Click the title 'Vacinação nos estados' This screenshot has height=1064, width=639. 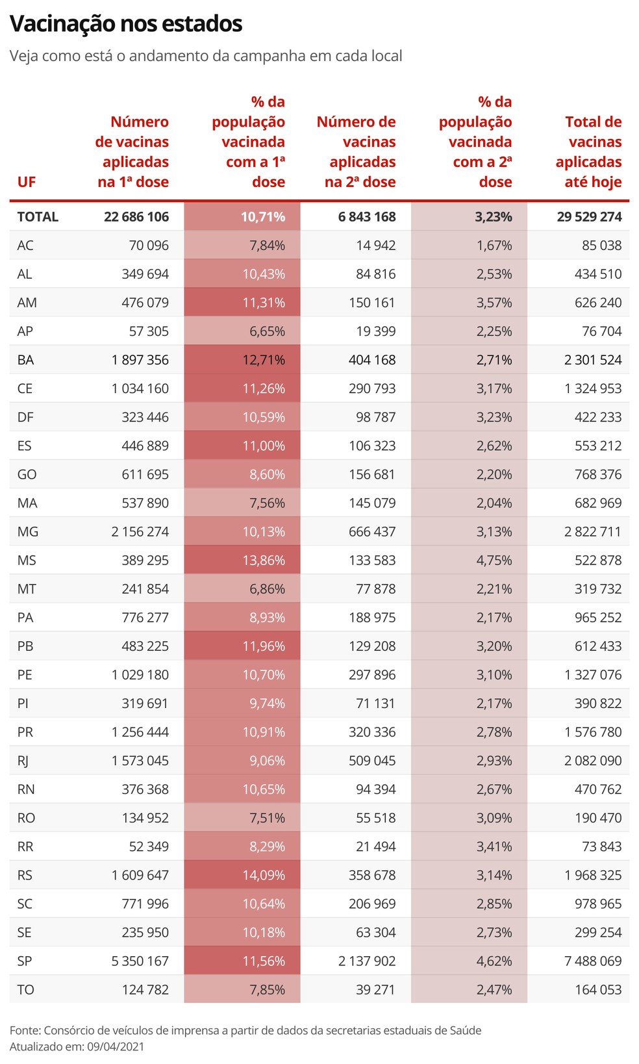126,24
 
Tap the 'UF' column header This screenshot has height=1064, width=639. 27,182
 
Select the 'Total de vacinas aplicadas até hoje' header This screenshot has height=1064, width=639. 588,152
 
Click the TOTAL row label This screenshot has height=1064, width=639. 38,217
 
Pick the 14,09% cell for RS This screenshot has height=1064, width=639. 264,875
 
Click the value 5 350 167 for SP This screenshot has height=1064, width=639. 140,961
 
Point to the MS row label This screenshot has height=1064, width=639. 27,560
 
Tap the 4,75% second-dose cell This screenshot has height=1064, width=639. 494,560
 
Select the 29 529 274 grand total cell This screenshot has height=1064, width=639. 589,217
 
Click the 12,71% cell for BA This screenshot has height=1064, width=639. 264,360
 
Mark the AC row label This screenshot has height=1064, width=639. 25,246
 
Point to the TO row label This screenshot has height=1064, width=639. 26,989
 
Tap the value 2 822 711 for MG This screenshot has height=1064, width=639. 592,531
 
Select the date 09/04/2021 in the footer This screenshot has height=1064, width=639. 116,1046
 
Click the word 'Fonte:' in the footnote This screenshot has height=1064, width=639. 25,1030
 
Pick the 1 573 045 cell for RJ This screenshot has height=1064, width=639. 140,761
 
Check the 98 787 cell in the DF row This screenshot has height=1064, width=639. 375,417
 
